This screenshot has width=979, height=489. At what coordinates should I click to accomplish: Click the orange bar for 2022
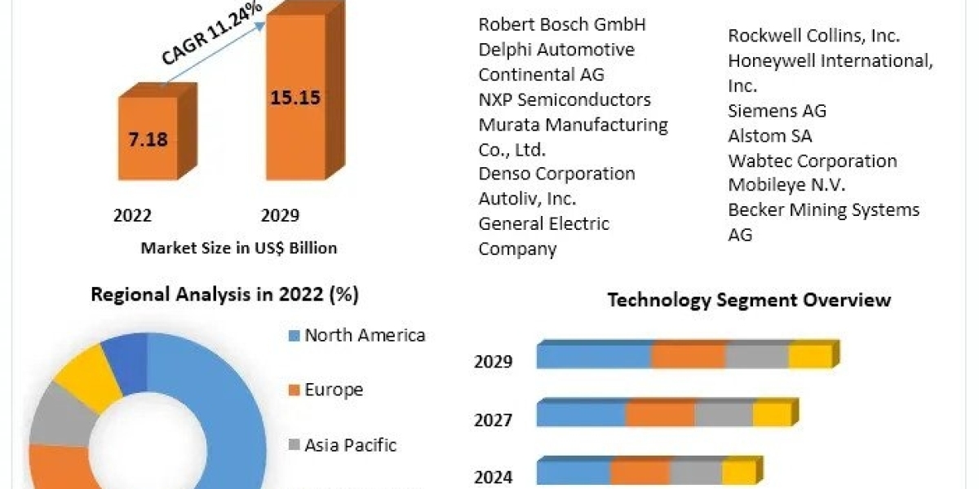pos(148,138)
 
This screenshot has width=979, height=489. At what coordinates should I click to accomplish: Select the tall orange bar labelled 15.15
pos(295,98)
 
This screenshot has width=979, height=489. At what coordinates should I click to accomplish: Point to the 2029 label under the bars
pos(280,216)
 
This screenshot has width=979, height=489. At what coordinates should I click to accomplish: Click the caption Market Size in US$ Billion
pos(238,248)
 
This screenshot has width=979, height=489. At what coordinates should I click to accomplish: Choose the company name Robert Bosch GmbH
pos(561,24)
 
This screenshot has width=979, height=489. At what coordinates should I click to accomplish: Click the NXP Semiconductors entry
pos(565,99)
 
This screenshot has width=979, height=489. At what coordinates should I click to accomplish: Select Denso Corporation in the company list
pos(556,174)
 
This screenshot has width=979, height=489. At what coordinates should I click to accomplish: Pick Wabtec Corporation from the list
pos(812,161)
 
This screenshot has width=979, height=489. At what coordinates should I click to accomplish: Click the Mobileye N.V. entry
pos(786,185)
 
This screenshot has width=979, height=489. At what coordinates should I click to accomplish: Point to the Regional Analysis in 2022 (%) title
pos(224,294)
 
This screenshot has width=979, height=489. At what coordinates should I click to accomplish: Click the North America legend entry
pos(364,335)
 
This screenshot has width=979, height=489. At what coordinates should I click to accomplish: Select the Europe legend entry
pos(333,390)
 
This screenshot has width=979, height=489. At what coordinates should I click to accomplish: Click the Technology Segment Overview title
pos(749,300)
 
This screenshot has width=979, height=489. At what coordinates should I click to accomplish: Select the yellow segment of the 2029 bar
pos(809,356)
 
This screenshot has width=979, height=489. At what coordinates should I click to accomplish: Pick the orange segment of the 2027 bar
pos(660,413)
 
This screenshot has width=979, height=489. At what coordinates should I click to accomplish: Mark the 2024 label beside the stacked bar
pos(494,477)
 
